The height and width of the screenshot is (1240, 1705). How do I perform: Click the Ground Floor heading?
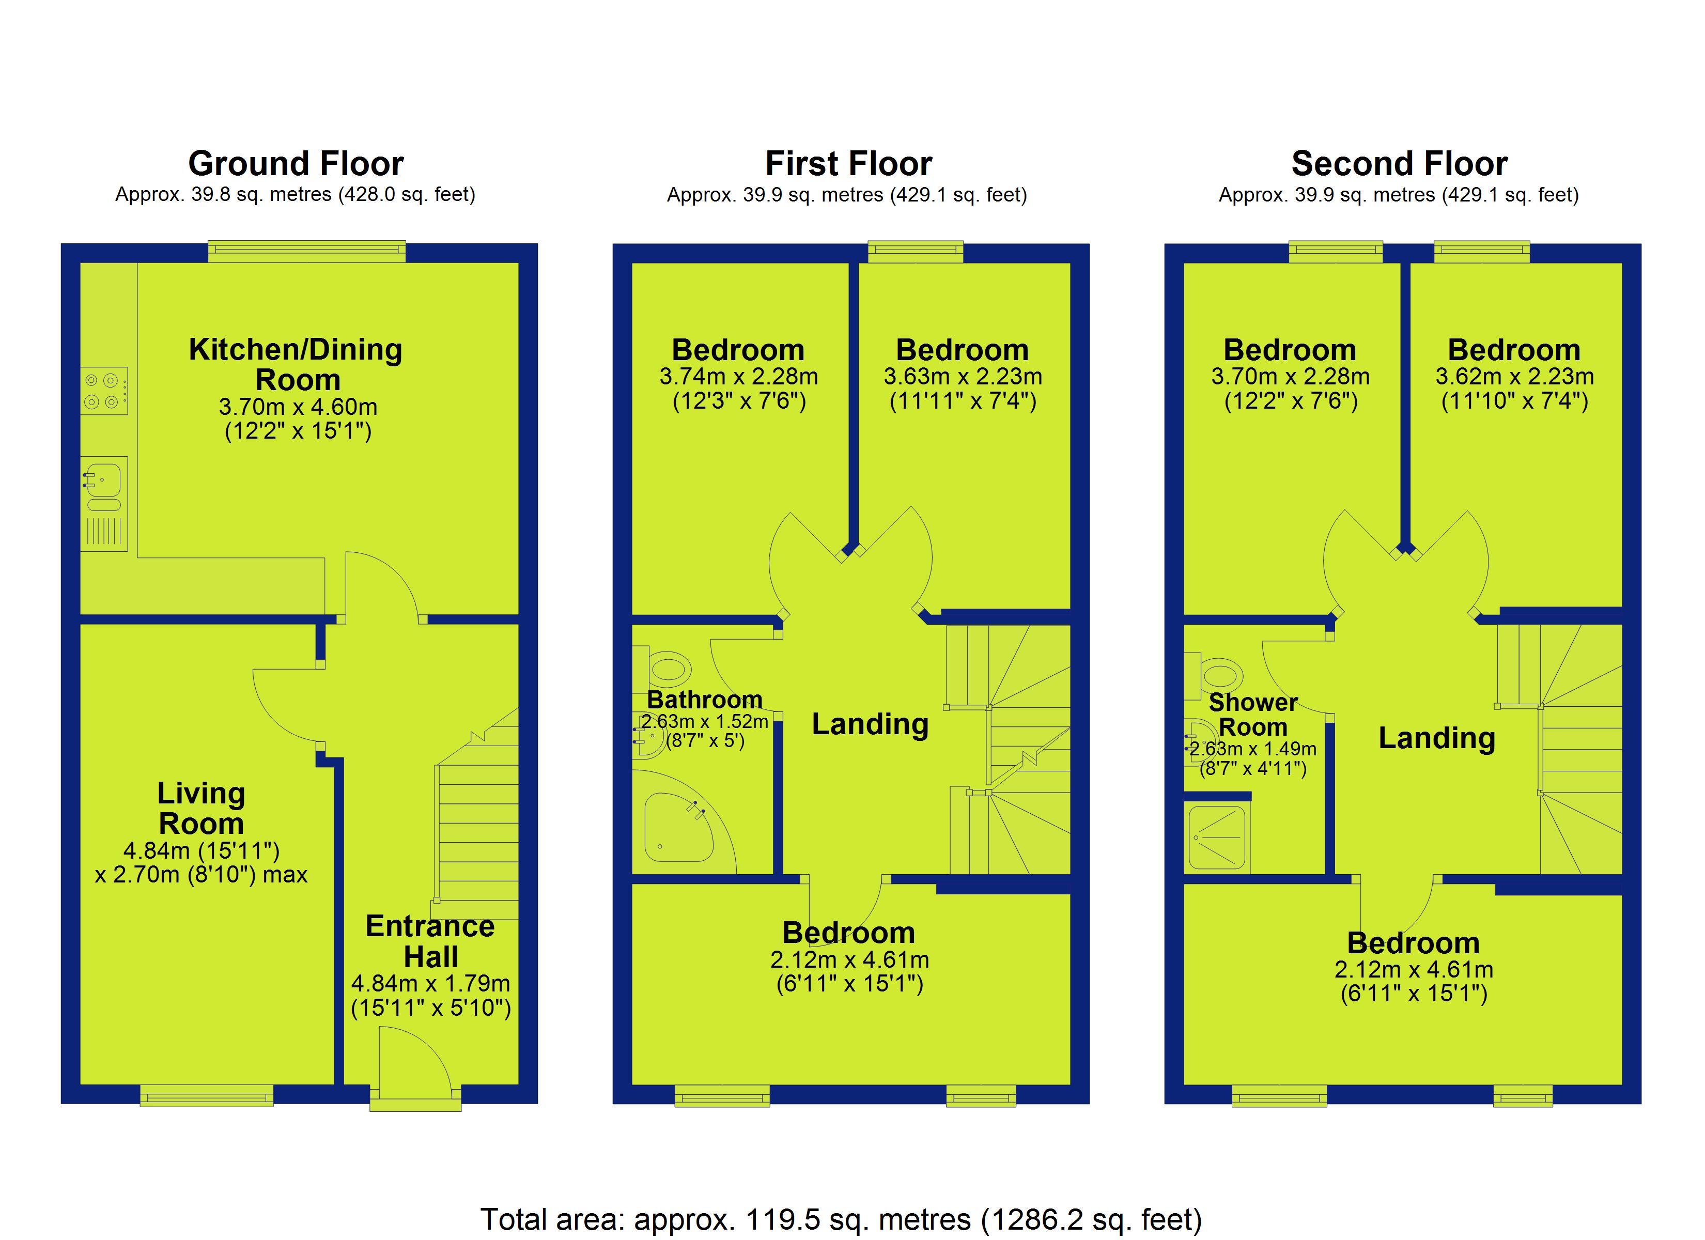coord(296,163)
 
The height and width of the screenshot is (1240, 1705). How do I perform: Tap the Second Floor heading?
coord(1399,163)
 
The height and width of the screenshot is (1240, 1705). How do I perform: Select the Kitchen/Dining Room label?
coord(296,365)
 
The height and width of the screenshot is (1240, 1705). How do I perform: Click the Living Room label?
coord(202,809)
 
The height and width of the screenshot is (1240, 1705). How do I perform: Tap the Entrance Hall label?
coord(430,941)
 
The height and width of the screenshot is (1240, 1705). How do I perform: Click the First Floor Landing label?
coord(871,724)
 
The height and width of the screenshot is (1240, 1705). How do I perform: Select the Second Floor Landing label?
coord(1437,738)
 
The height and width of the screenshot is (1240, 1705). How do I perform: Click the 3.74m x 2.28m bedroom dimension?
coord(739,376)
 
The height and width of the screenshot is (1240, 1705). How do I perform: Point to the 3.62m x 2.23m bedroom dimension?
coord(1515,376)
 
